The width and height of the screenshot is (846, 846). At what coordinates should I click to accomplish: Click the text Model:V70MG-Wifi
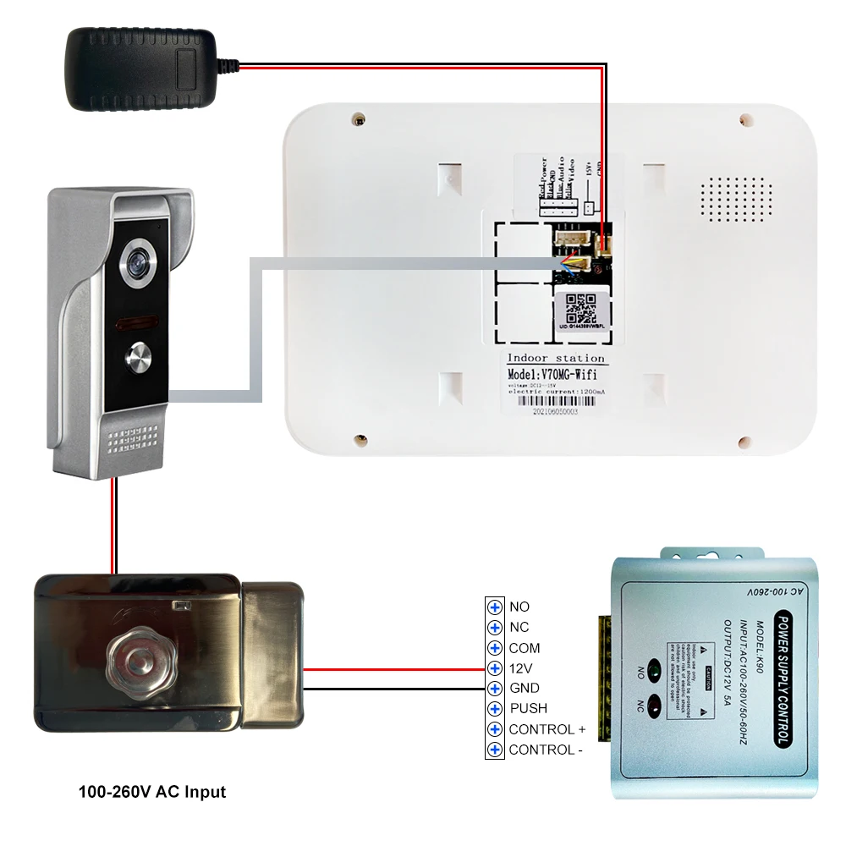pyautogui.click(x=551, y=374)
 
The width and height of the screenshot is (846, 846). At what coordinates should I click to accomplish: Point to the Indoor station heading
pyautogui.click(x=556, y=358)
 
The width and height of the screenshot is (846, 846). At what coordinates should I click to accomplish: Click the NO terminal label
pyautogui.click(x=519, y=607)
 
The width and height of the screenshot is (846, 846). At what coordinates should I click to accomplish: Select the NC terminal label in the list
pyautogui.click(x=519, y=627)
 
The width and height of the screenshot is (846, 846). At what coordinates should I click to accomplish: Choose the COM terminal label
pyautogui.click(x=524, y=648)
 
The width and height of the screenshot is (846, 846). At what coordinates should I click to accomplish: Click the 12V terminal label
pyautogui.click(x=520, y=668)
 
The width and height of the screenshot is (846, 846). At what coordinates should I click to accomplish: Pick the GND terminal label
pyautogui.click(x=524, y=688)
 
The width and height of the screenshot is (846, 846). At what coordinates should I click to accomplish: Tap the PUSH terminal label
pyautogui.click(x=528, y=708)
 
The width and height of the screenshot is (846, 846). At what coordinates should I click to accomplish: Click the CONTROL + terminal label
pyautogui.click(x=547, y=729)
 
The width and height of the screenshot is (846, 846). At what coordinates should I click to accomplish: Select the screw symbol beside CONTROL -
pyautogui.click(x=495, y=750)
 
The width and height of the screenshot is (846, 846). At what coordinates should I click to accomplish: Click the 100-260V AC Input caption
pyautogui.click(x=152, y=793)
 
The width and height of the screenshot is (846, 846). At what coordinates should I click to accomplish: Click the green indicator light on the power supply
pyautogui.click(x=654, y=664)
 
